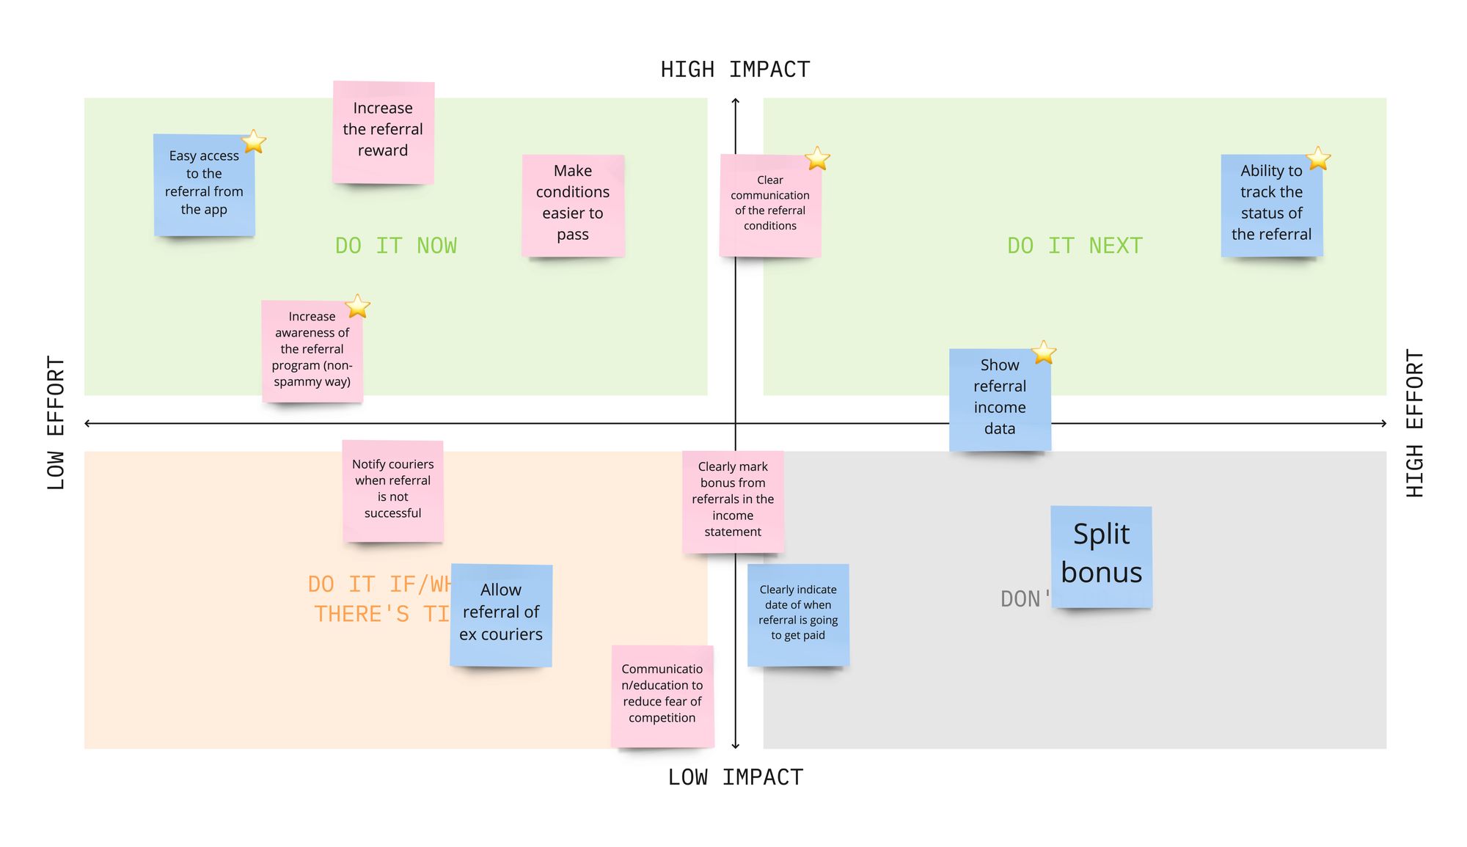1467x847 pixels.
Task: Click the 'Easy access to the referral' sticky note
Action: pos(204,185)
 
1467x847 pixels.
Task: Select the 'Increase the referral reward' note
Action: pos(383,132)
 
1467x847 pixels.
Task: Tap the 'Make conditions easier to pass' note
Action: pos(573,205)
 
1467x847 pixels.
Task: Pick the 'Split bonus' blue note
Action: pos(1101,557)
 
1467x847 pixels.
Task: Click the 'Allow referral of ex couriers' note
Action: pos(501,615)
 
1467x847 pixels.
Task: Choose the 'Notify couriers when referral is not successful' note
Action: pos(392,491)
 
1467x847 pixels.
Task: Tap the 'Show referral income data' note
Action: pos(1000,400)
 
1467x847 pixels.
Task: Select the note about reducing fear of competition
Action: pos(662,695)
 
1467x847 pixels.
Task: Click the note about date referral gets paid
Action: pos(798,615)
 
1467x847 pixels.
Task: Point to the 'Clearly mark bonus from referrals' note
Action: pos(733,501)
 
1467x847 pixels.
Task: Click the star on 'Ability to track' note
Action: pos(1318,158)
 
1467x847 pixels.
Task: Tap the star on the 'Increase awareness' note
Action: pos(357,307)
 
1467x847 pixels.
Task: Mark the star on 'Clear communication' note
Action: pos(817,158)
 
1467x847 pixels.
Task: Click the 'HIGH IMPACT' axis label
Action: pos(735,70)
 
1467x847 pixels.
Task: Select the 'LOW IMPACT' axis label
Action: pos(735,777)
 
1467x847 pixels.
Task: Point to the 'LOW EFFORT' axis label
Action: pos(56,423)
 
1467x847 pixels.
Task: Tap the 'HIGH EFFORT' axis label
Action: pos(1414,423)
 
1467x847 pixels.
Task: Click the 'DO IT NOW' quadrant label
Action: pos(396,246)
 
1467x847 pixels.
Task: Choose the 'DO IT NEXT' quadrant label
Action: pos(1075,246)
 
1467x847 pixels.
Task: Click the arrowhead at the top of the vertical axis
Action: pos(736,101)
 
